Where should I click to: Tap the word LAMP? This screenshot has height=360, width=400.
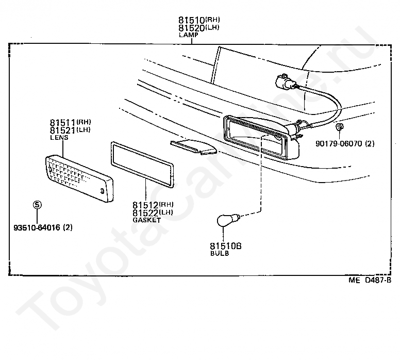coord(188,35)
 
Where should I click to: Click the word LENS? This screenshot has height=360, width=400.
coord(59,138)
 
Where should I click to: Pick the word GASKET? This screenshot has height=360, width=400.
coord(146,220)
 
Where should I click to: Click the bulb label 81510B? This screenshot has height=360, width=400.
coord(225,247)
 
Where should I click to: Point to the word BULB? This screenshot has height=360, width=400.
coord(219,254)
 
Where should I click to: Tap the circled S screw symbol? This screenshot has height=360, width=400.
coord(37,205)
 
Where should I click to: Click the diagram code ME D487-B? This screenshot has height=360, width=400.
coord(370,281)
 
